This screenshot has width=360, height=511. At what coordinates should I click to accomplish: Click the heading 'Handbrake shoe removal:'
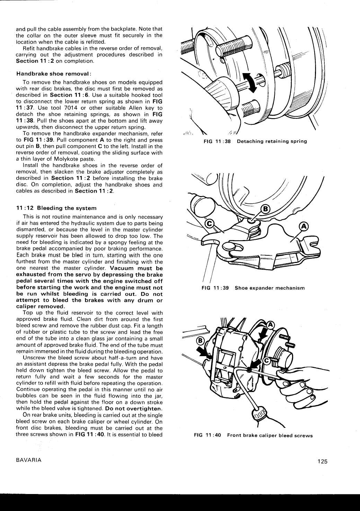coord(54,73)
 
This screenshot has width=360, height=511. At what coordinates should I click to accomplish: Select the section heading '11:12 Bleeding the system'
coord(56,208)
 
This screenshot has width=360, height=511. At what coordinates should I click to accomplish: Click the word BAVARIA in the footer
coord(29,460)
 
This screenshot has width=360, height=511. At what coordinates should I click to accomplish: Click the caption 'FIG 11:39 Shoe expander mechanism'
coord(253,288)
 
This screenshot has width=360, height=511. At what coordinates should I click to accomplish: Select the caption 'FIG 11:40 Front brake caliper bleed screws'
coord(253,435)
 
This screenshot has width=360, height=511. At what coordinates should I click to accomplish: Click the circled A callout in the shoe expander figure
coord(303,226)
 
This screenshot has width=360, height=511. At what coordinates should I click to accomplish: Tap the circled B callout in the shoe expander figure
coord(265,209)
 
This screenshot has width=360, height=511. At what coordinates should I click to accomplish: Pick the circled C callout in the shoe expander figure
coord(210,223)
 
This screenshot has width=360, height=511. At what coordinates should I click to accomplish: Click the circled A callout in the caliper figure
coord(270,325)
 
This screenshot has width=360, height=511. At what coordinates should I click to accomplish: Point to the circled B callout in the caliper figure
coord(200,340)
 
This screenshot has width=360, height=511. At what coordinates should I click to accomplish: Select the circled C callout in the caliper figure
coord(267,361)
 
